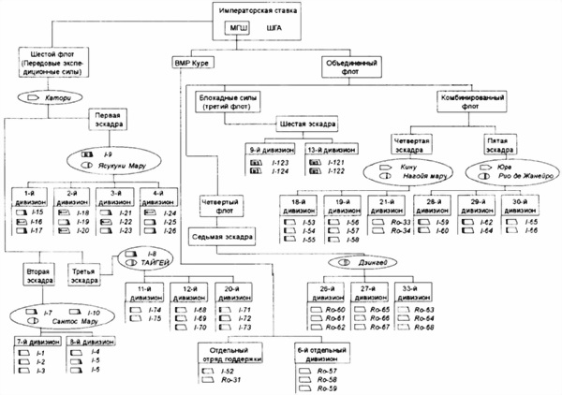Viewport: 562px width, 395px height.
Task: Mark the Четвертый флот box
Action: tap(222, 206)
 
